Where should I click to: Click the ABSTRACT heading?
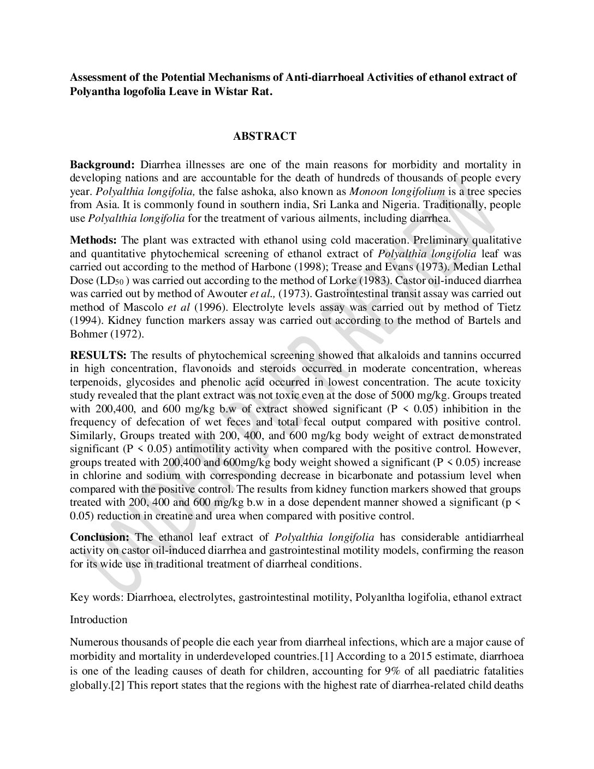click(x=265, y=137)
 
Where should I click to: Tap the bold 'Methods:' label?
click(x=93, y=240)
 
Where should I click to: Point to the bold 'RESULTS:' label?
click(x=98, y=356)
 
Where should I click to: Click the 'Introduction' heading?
click(x=99, y=619)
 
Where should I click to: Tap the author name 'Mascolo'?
click(x=137, y=307)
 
